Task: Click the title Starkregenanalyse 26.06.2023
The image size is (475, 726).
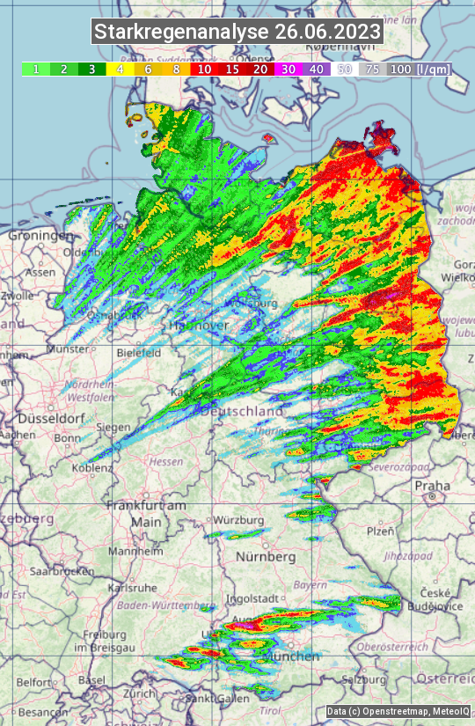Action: pyautogui.click(x=237, y=32)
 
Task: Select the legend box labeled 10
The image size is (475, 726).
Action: pyautogui.click(x=204, y=69)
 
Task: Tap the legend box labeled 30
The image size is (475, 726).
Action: pyautogui.click(x=289, y=69)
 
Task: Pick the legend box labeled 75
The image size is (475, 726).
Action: pyautogui.click(x=373, y=69)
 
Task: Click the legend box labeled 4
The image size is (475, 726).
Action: pyautogui.click(x=120, y=69)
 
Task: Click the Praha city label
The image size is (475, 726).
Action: pyautogui.click(x=433, y=485)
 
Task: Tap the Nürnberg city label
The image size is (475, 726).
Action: pyautogui.click(x=267, y=557)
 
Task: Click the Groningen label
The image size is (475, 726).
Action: pyautogui.click(x=40, y=236)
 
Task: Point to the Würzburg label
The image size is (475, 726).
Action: pyautogui.click(x=238, y=520)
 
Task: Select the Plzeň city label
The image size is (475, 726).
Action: pyautogui.click(x=380, y=532)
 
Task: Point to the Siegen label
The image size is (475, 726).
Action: pyautogui.click(x=114, y=427)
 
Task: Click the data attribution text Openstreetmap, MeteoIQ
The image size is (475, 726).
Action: pyautogui.click(x=398, y=711)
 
